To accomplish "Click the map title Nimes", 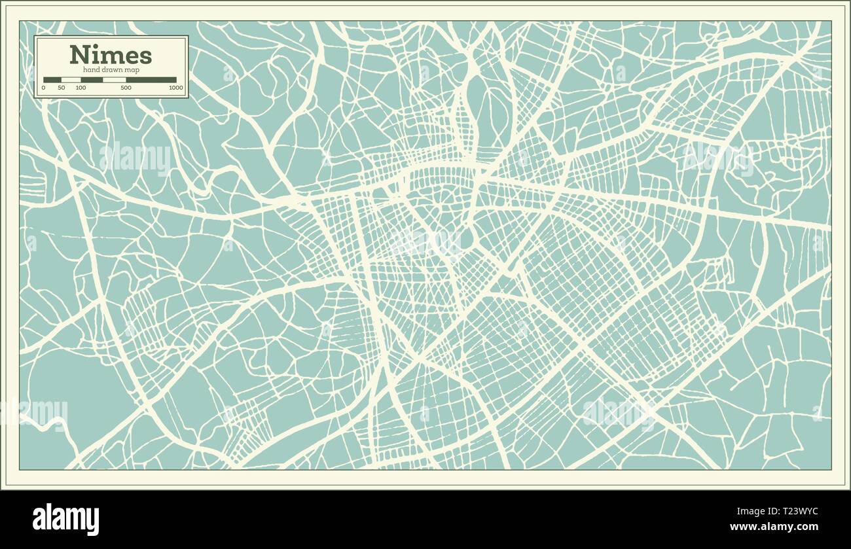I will [111, 54].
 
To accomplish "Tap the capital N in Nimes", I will [80, 55].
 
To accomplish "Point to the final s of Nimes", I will [146, 56].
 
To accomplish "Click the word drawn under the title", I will [113, 70].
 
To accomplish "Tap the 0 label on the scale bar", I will [44, 88].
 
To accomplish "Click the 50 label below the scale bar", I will [62, 88].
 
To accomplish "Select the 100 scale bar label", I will [81, 88].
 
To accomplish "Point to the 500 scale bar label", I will [126, 88].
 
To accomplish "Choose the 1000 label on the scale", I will [175, 88].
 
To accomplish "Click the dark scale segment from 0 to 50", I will [52, 80].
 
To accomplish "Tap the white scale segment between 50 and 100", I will [71, 80].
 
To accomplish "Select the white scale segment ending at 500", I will [115, 80].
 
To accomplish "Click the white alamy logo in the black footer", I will [66, 519].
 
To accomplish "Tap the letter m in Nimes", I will [111, 56].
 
